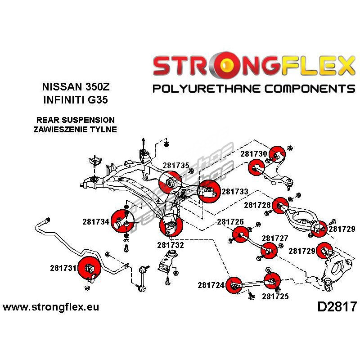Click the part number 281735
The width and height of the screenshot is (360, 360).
[176, 166]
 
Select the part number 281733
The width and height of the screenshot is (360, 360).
[235, 191]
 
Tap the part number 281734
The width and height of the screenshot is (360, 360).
[96, 221]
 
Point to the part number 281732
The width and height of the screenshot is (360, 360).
[171, 245]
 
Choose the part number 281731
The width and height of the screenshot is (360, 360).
[63, 268]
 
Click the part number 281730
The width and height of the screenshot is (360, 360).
[253, 154]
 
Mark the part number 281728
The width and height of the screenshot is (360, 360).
[257, 205]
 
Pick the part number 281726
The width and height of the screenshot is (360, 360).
[230, 222]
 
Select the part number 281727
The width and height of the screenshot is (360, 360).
[275, 238]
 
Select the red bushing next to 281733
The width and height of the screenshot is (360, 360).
[208, 191]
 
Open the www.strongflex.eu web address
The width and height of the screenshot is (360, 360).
[51, 307]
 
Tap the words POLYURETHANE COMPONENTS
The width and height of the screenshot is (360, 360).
[254, 88]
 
